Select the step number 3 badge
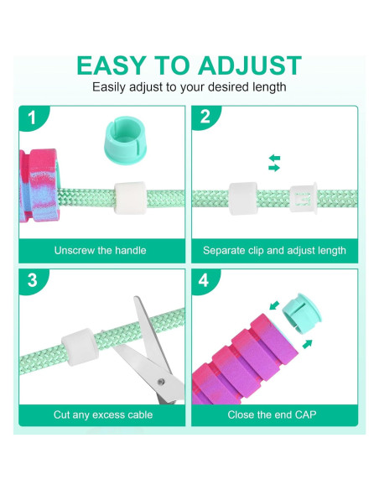tap(32, 281)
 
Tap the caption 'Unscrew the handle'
tap(100, 250)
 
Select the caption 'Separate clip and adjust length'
tap(274, 250)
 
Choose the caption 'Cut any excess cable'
tap(100, 414)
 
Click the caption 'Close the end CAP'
tap(274, 414)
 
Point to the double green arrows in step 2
tap(274, 163)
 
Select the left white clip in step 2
tap(243, 200)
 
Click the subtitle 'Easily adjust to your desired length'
tap(189, 87)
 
